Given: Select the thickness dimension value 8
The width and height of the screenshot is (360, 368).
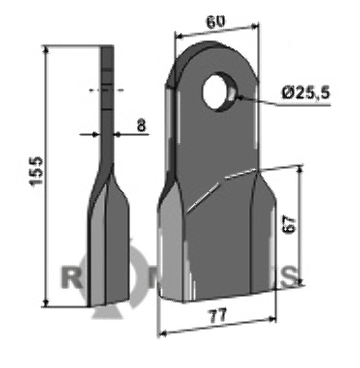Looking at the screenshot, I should [140, 127].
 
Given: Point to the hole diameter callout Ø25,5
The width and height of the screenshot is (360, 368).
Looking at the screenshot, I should [305, 94].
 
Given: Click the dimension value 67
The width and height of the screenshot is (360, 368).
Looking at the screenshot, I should [289, 226].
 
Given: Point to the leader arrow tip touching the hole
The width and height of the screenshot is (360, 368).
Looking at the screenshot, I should [236, 97].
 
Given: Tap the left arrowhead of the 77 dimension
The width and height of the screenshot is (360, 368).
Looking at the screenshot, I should [161, 333].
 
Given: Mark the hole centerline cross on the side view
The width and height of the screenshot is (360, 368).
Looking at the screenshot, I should [107, 89].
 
